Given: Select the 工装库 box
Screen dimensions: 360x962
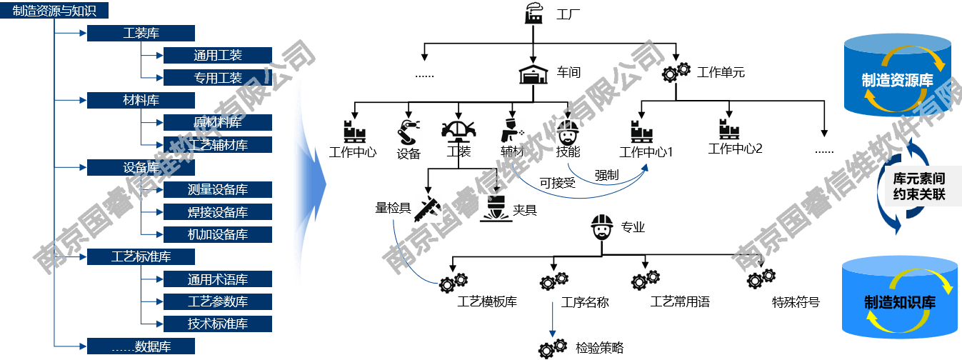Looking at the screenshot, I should pos(141,33).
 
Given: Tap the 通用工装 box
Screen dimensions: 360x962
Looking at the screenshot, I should pos(218,55).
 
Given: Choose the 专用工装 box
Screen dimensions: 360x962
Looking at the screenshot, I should pos(218,77).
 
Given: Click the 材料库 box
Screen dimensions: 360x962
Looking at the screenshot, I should pos(141,100).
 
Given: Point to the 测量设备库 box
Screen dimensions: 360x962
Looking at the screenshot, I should pos(218,189).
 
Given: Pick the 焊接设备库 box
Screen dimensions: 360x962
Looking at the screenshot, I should pos(218,212).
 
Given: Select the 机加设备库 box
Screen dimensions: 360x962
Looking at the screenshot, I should pos(218,234).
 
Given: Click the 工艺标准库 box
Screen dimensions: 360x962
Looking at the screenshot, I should pos(141,256).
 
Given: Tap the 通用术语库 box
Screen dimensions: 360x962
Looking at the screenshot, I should pos(218,279).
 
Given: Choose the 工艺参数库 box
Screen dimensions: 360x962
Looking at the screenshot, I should pos(218,301).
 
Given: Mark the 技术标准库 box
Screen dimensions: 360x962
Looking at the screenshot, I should pos(218,324).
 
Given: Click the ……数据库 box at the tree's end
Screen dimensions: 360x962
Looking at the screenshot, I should pos(141,346).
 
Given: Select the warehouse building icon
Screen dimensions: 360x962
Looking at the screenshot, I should pos(533,74).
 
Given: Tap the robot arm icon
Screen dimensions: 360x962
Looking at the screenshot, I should pos(409,132).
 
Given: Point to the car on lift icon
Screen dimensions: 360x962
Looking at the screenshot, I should pos(458,132).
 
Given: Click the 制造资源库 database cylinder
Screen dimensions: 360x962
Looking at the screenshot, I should pos(897,76).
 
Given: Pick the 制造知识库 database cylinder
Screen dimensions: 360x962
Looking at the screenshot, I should pos(899,299).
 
